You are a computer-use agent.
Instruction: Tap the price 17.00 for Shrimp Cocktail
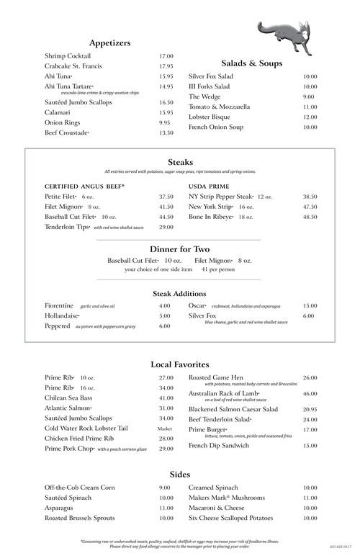166,55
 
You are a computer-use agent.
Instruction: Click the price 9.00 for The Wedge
309,97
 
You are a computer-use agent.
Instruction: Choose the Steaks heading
180,162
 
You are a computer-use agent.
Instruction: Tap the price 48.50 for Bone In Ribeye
310,217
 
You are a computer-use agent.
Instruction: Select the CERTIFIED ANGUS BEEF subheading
84,185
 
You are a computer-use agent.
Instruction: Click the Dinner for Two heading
180,248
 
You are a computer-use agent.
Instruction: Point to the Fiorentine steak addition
60,305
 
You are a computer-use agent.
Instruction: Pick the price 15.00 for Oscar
310,305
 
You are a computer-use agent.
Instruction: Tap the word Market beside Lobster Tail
165,429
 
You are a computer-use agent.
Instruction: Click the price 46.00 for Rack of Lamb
310,394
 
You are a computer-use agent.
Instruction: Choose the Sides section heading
180,474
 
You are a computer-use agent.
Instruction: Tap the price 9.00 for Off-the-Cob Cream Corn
165,488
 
